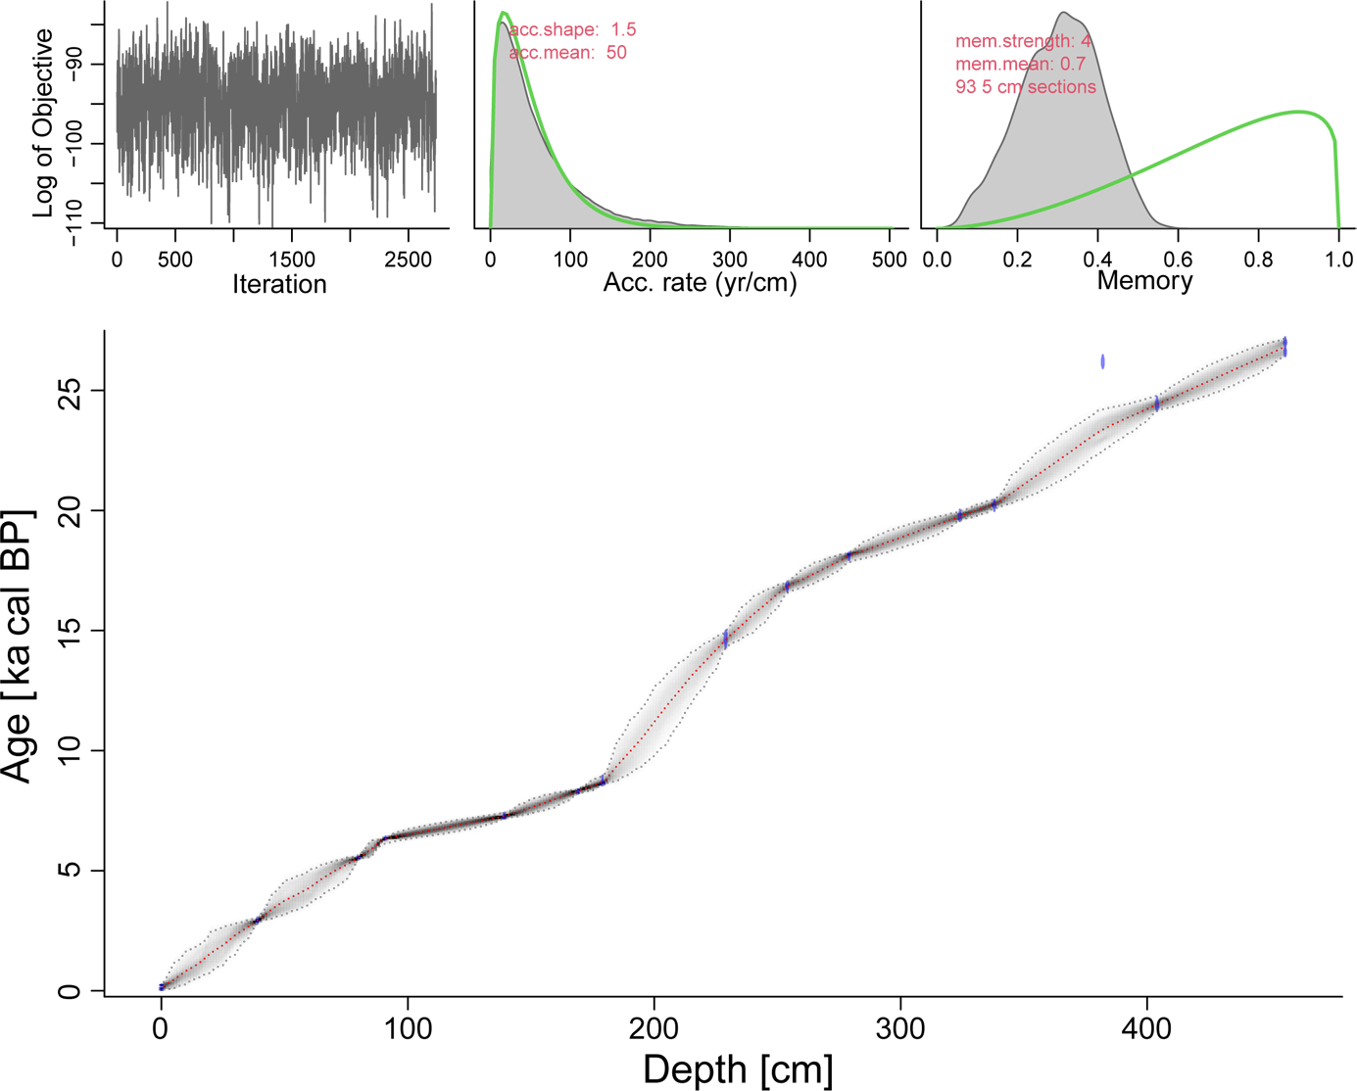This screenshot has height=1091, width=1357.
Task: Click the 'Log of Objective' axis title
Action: (x=43, y=122)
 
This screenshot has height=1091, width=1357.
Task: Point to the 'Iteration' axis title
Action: (x=279, y=285)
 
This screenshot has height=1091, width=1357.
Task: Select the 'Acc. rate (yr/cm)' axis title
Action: (x=700, y=283)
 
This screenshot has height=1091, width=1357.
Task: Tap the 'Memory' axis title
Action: (x=1144, y=281)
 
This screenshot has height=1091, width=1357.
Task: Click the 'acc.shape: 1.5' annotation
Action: (x=573, y=30)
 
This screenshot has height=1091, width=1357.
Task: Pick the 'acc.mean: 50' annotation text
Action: (x=568, y=53)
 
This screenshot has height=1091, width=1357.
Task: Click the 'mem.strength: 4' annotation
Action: (x=1023, y=42)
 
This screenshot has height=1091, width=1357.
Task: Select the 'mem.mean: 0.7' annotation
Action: (x=1020, y=65)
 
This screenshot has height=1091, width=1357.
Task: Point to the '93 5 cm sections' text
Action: (x=1026, y=87)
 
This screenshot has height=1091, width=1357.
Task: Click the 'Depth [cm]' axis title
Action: (x=738, y=1069)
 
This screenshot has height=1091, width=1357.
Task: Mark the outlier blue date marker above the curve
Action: (x=1102, y=361)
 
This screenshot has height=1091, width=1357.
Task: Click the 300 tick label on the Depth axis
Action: (x=900, y=1029)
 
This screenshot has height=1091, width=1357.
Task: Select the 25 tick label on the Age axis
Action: (x=69, y=391)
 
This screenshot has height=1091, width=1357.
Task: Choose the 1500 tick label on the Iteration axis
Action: (x=292, y=261)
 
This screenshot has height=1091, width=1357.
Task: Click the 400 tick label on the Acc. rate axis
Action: (x=809, y=261)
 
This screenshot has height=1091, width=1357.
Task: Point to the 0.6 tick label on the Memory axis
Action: (x=1178, y=261)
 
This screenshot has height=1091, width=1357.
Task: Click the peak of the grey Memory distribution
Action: (x=1064, y=14)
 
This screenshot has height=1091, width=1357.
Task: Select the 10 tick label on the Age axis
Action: (x=69, y=751)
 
